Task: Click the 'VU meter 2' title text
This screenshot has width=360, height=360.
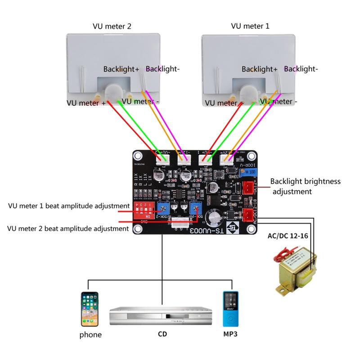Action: (112, 26)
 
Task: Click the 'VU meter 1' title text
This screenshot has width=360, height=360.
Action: (250, 26)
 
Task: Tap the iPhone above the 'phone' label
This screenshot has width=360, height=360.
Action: (90, 309)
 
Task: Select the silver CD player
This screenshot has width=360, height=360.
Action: (161, 316)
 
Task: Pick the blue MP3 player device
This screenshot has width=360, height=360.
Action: (230, 309)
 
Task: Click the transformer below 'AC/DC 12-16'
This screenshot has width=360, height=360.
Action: (294, 272)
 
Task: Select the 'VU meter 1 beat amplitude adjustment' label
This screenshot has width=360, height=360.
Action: (63, 207)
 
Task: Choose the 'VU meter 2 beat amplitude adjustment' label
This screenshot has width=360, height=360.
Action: (68, 229)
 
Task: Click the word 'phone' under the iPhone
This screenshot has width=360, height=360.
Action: (90, 335)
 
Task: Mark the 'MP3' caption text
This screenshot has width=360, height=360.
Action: (230, 335)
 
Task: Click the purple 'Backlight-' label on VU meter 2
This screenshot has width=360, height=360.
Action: (162, 69)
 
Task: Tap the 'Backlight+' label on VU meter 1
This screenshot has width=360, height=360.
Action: (259, 69)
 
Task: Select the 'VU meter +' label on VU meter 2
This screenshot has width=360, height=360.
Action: (86, 103)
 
